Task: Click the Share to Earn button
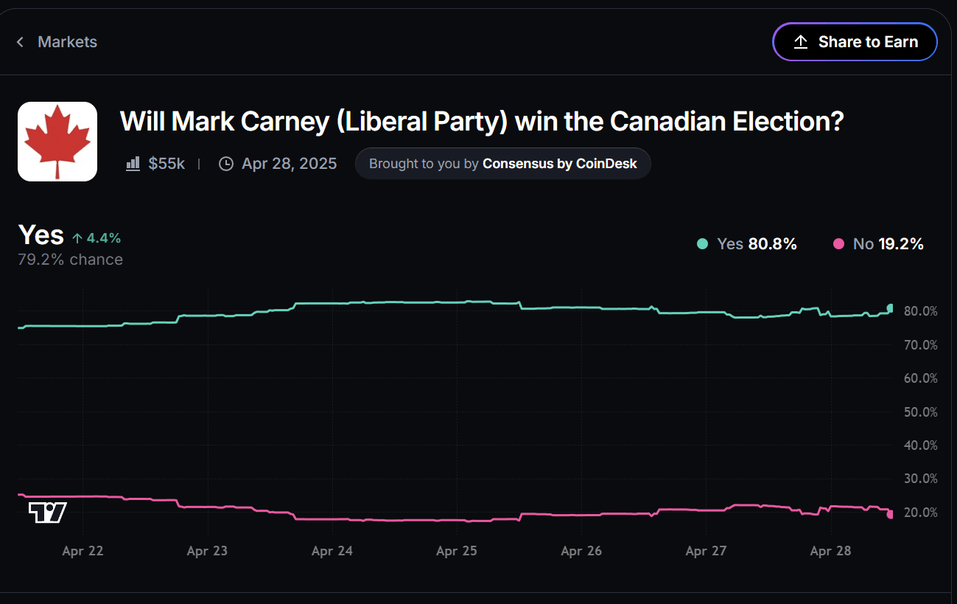[855, 42]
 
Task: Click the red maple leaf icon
[57, 142]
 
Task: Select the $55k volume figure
[166, 164]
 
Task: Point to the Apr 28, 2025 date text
[289, 164]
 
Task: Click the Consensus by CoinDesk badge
[502, 164]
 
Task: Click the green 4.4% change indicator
[97, 238]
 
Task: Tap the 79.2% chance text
[70, 260]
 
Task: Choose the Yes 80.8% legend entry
[747, 244]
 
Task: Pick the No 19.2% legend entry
[878, 244]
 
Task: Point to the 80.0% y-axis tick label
[920, 311]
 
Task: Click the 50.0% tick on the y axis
[920, 412]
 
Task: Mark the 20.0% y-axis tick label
[920, 513]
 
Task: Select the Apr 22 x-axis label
[83, 551]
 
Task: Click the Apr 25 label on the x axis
[457, 551]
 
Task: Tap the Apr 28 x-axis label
[830, 551]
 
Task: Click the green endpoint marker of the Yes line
[891, 308]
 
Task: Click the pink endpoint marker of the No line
[891, 514]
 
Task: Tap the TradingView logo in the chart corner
[47, 513]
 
